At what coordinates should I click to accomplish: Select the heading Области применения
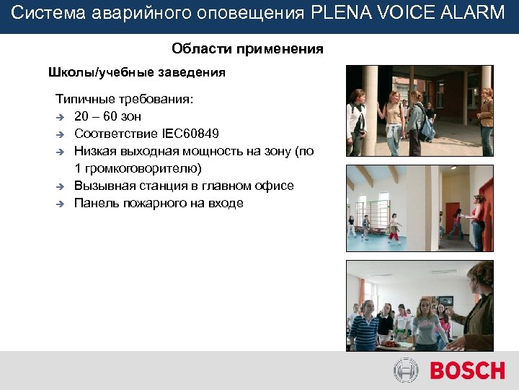(x=247, y=49)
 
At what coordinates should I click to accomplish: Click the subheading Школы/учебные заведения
(x=136, y=72)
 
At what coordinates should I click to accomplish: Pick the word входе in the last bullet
(x=225, y=203)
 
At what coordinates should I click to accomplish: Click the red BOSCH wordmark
(x=467, y=371)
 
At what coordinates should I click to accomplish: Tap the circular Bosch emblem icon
(x=406, y=371)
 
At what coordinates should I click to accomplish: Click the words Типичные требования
(x=125, y=99)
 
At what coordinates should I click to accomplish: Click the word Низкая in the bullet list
(x=95, y=151)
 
